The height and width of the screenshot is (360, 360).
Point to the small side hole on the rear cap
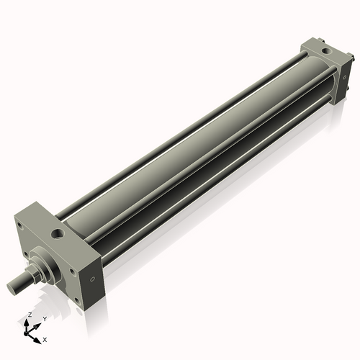(343, 81)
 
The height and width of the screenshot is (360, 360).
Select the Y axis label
(44, 319)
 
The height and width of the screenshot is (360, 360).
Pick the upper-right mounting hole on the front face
(66, 256)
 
